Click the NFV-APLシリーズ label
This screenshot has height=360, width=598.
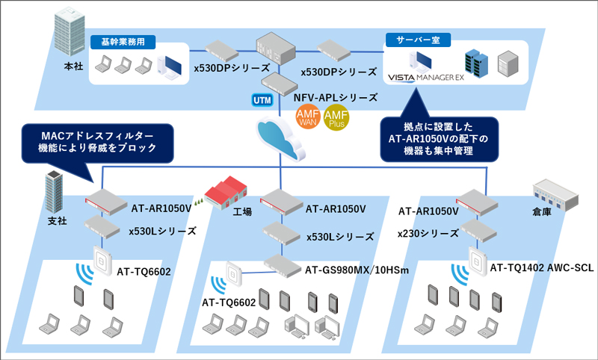pos(336,97)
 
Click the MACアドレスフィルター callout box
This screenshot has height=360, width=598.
pos(97,141)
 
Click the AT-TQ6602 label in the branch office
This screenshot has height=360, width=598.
pos(144,270)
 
